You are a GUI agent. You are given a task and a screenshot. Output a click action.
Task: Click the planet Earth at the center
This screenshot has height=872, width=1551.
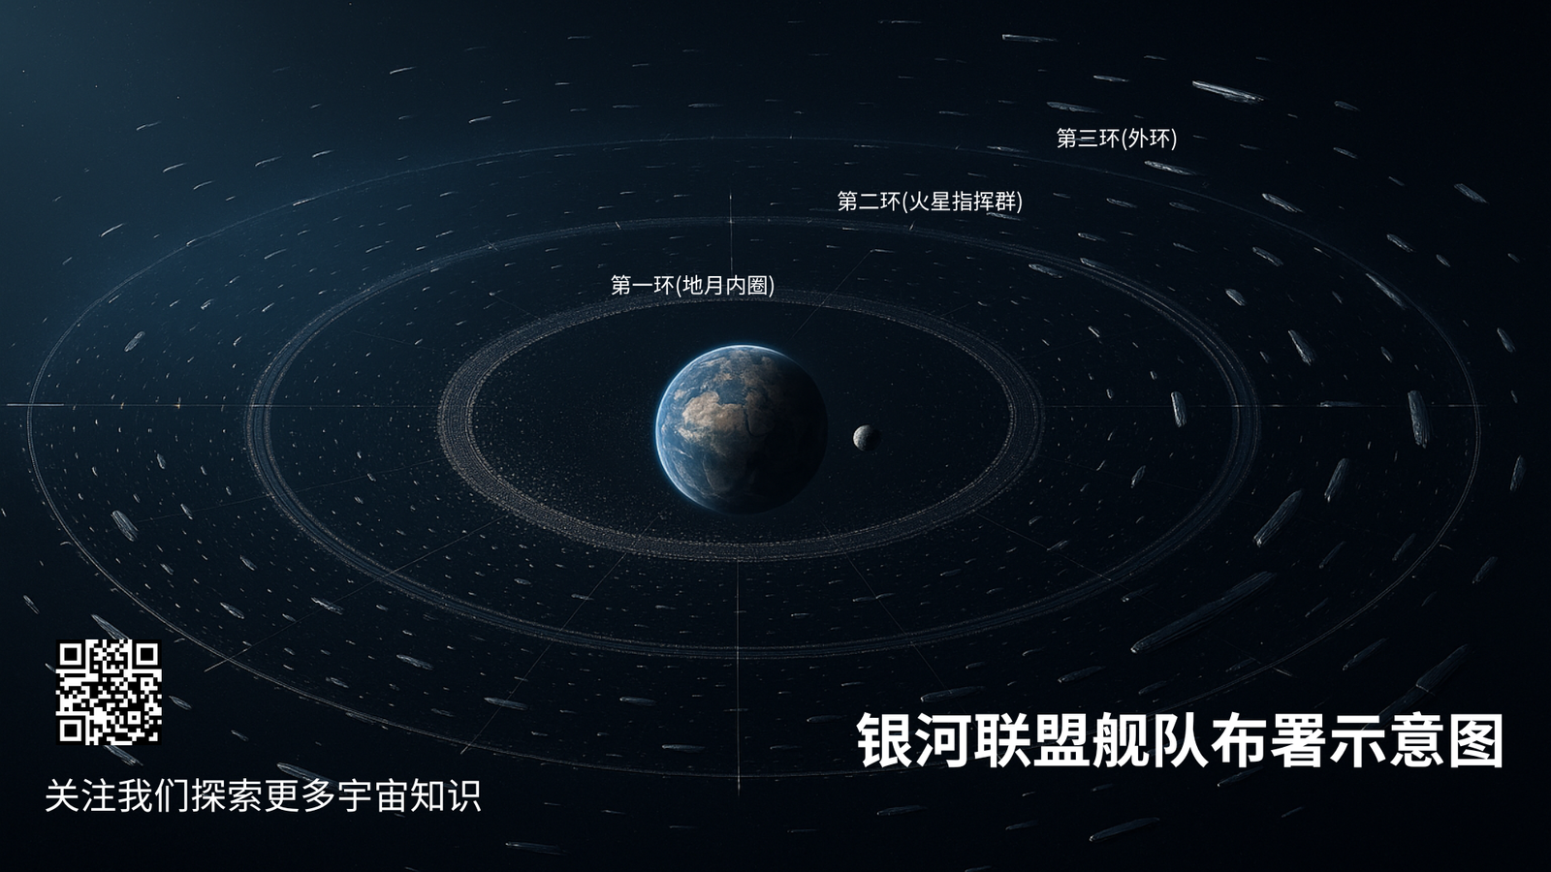(x=741, y=428)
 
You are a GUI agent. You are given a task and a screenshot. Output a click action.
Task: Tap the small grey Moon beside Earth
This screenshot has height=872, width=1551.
(x=866, y=437)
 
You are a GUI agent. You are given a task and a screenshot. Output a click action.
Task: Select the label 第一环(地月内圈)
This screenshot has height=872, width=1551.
(x=692, y=285)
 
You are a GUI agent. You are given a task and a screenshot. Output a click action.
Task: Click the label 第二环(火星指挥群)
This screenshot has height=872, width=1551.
(x=930, y=202)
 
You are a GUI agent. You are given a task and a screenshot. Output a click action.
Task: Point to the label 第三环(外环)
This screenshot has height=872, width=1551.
(x=1116, y=139)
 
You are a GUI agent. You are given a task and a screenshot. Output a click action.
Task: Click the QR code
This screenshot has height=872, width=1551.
(x=109, y=692)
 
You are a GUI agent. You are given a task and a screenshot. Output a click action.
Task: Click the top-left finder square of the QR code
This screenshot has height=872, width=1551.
(x=70, y=654)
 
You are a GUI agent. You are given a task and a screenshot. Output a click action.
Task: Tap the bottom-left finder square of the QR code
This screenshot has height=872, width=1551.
(x=70, y=731)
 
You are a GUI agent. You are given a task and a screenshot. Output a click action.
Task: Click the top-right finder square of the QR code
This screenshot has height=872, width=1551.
(x=147, y=654)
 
